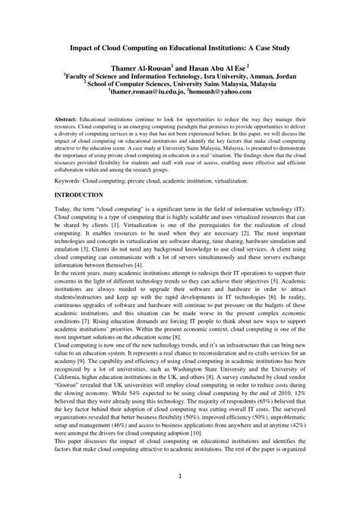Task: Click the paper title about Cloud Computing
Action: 179,48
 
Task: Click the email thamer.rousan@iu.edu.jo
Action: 146,90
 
